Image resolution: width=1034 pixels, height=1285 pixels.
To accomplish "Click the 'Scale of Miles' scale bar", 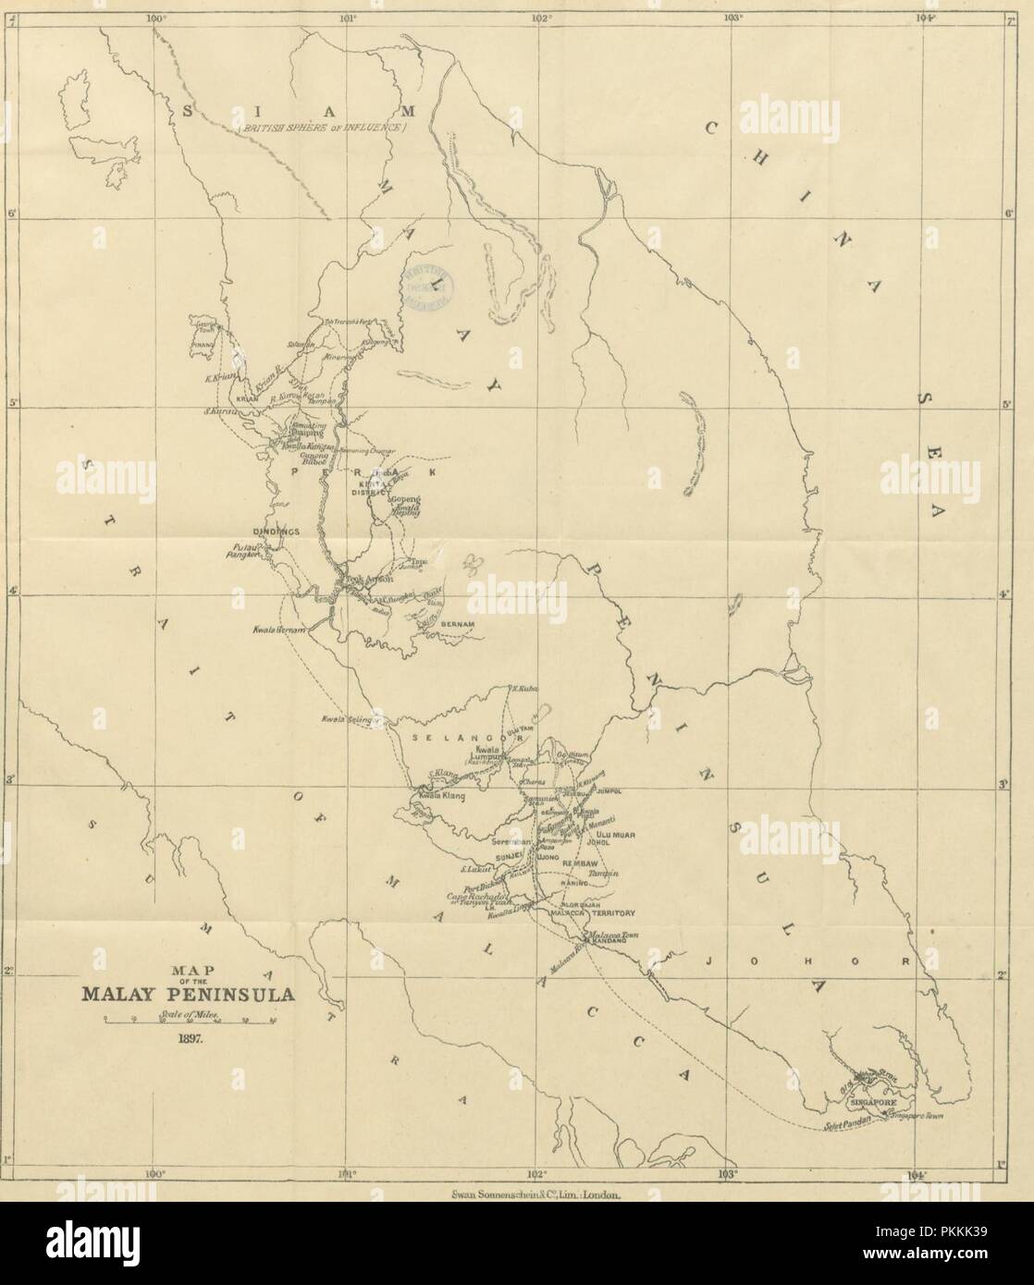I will click(x=191, y=1020).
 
